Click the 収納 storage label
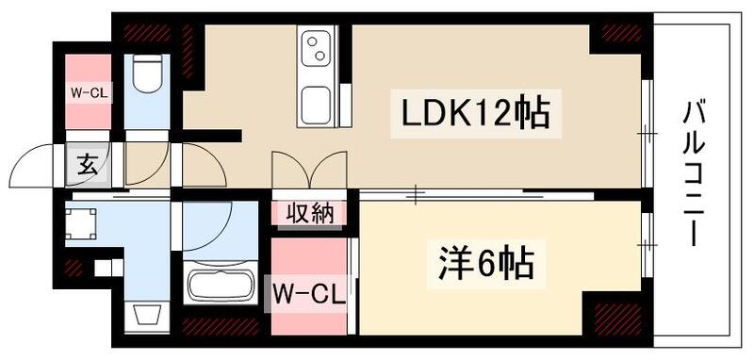309,214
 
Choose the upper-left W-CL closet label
88,93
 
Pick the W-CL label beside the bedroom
308,287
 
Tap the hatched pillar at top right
620,34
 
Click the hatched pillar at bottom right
619,318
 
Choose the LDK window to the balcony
647,135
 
